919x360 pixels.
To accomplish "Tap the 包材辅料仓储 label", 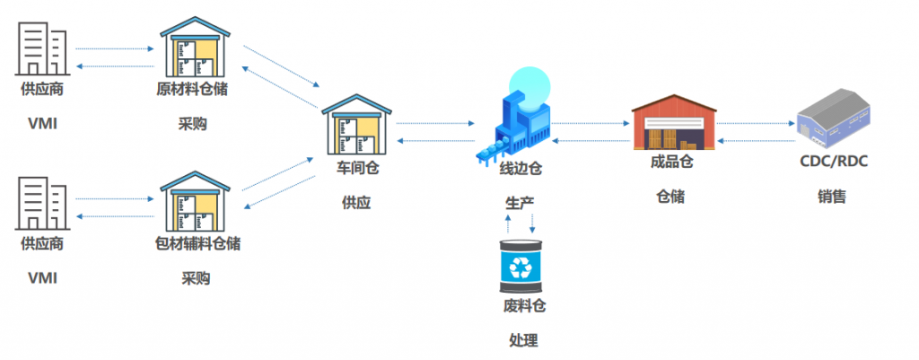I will pos(197,243).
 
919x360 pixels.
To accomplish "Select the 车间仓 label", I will pos(356,168).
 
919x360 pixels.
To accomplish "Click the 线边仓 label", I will pos(521,168).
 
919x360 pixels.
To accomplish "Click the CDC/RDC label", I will pos(833,162).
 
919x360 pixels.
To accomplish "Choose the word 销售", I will pos(832,197).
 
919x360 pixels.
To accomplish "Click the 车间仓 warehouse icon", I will pos(357,124).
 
